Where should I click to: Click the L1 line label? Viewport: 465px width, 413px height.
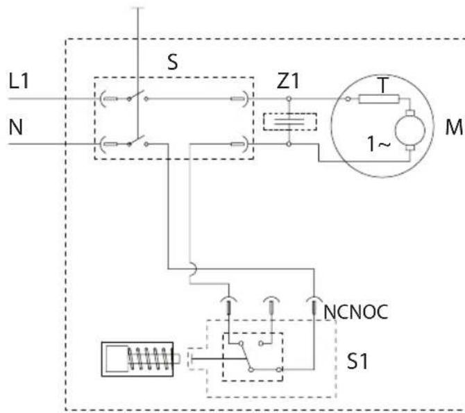(x=19, y=81)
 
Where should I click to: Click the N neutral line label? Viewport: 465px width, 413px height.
(x=16, y=127)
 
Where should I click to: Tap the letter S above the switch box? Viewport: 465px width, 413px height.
(x=173, y=62)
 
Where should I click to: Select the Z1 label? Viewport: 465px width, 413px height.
(x=288, y=81)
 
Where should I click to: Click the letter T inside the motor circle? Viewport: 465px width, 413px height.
(x=383, y=85)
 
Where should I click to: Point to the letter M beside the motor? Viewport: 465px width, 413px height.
(x=454, y=127)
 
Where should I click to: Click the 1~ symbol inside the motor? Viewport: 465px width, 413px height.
(x=379, y=144)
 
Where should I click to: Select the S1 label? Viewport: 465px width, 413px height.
(x=357, y=362)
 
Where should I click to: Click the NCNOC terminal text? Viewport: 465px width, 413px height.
(x=355, y=312)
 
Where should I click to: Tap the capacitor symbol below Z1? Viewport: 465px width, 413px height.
(x=290, y=121)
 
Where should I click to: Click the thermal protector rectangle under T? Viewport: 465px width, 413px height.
(x=379, y=99)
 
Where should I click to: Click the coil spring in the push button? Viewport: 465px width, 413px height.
(x=150, y=359)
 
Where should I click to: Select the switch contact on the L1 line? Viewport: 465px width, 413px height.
(x=137, y=96)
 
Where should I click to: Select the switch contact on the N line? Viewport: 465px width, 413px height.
(x=137, y=142)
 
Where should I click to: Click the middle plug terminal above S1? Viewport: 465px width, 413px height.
(x=271, y=305)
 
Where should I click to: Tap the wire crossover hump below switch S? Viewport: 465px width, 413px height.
(x=194, y=269)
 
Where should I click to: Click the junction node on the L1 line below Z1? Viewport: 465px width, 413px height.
(x=289, y=99)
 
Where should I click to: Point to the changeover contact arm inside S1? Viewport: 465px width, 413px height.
(x=246, y=357)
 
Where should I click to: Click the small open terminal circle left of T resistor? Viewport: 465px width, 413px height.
(x=348, y=99)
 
